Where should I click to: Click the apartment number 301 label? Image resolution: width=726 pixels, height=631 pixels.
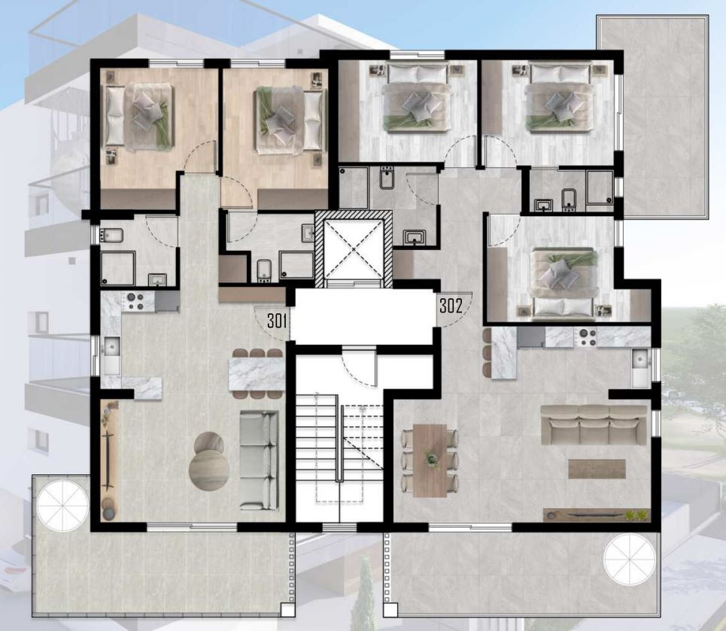277,321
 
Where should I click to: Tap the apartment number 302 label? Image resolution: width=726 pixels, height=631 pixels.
451,306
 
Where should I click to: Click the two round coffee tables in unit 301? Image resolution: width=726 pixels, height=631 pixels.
209,461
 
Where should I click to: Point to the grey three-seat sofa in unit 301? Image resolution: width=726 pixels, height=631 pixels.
259,461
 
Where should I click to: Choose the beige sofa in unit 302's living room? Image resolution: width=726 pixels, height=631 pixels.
594,425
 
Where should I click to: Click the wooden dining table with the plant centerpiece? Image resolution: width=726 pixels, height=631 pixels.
430,461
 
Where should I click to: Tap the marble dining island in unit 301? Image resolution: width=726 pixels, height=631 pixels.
257,373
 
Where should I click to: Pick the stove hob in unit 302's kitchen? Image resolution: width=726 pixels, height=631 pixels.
585,337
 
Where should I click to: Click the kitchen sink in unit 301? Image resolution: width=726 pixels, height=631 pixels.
111,355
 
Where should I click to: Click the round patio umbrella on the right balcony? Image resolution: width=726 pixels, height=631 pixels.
630,559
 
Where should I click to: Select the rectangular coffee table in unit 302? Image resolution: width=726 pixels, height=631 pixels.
597,468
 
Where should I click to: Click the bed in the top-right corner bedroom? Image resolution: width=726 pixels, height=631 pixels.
561,98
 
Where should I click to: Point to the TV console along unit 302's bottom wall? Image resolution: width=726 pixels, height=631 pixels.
597,515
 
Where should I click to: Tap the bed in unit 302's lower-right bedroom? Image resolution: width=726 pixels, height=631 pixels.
563,284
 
